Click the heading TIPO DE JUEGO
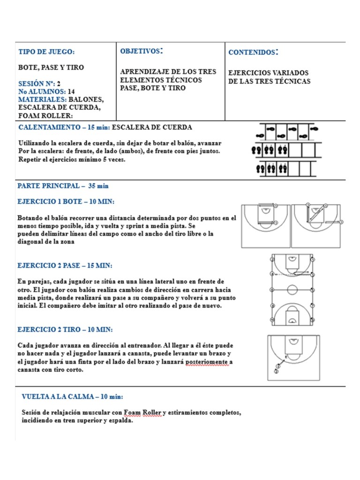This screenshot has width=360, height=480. [46, 52]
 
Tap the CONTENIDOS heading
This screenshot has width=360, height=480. [254, 52]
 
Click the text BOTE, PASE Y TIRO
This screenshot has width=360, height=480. [51, 67]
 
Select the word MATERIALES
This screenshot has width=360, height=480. [41, 100]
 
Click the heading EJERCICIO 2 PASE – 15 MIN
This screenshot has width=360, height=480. [65, 266]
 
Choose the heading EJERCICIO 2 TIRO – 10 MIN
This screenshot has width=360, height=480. [65, 330]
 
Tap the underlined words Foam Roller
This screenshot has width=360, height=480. [142, 412]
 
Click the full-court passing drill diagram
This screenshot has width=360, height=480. [292, 290]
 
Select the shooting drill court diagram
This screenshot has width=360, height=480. [293, 358]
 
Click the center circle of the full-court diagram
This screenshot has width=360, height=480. [292, 289]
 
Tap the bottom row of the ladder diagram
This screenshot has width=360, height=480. [285, 167]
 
